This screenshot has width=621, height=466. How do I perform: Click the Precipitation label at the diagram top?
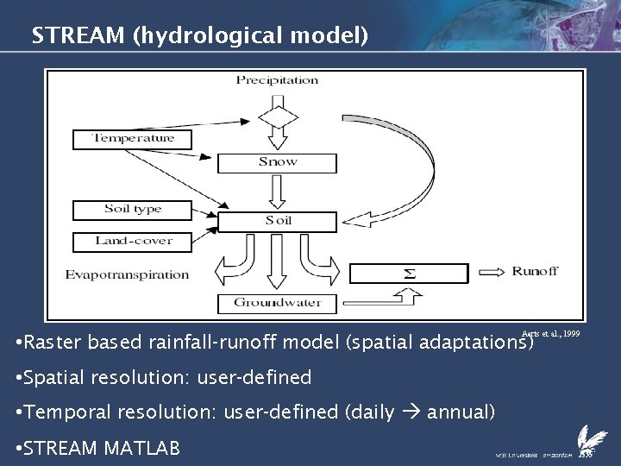pyautogui.click(x=277, y=80)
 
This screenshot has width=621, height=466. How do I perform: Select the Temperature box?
pyautogui.click(x=134, y=138)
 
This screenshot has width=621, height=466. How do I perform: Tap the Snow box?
pyautogui.click(x=277, y=161)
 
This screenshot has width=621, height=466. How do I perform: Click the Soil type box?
pyautogui.click(x=134, y=209)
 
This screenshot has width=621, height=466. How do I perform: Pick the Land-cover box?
pyautogui.click(x=134, y=241)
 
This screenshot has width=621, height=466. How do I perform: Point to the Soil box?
pyautogui.click(x=277, y=221)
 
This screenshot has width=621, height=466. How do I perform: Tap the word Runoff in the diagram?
pyautogui.click(x=535, y=272)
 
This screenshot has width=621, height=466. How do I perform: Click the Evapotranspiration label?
pyautogui.click(x=127, y=274)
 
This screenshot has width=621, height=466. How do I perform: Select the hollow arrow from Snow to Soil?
pyautogui.click(x=277, y=191)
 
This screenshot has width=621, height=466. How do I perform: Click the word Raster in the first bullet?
pyautogui.click(x=53, y=343)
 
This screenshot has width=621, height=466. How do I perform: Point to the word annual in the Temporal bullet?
pyautogui.click(x=461, y=412)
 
